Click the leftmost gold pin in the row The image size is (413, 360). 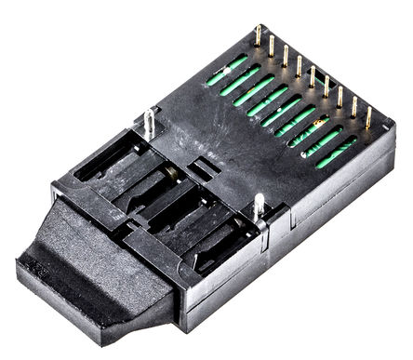tap(258, 35)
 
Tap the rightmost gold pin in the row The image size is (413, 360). tap(368, 117)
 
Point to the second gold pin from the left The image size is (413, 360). tap(272, 45)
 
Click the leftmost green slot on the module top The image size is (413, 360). tap(227, 71)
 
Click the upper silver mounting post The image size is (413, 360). tap(149, 120)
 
